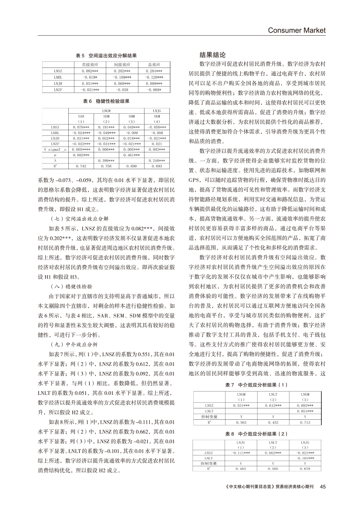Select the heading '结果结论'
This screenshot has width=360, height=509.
(x=212, y=55)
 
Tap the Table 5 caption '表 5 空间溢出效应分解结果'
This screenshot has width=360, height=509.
(x=106, y=56)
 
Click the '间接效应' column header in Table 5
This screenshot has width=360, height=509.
(x=122, y=64)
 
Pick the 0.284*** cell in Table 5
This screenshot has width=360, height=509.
(x=154, y=71)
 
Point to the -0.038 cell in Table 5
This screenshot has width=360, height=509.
(x=122, y=89)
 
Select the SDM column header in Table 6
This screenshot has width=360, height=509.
(x=132, y=116)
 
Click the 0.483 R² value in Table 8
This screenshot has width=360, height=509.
(x=241, y=469)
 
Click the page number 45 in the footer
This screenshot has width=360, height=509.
(x=323, y=486)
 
